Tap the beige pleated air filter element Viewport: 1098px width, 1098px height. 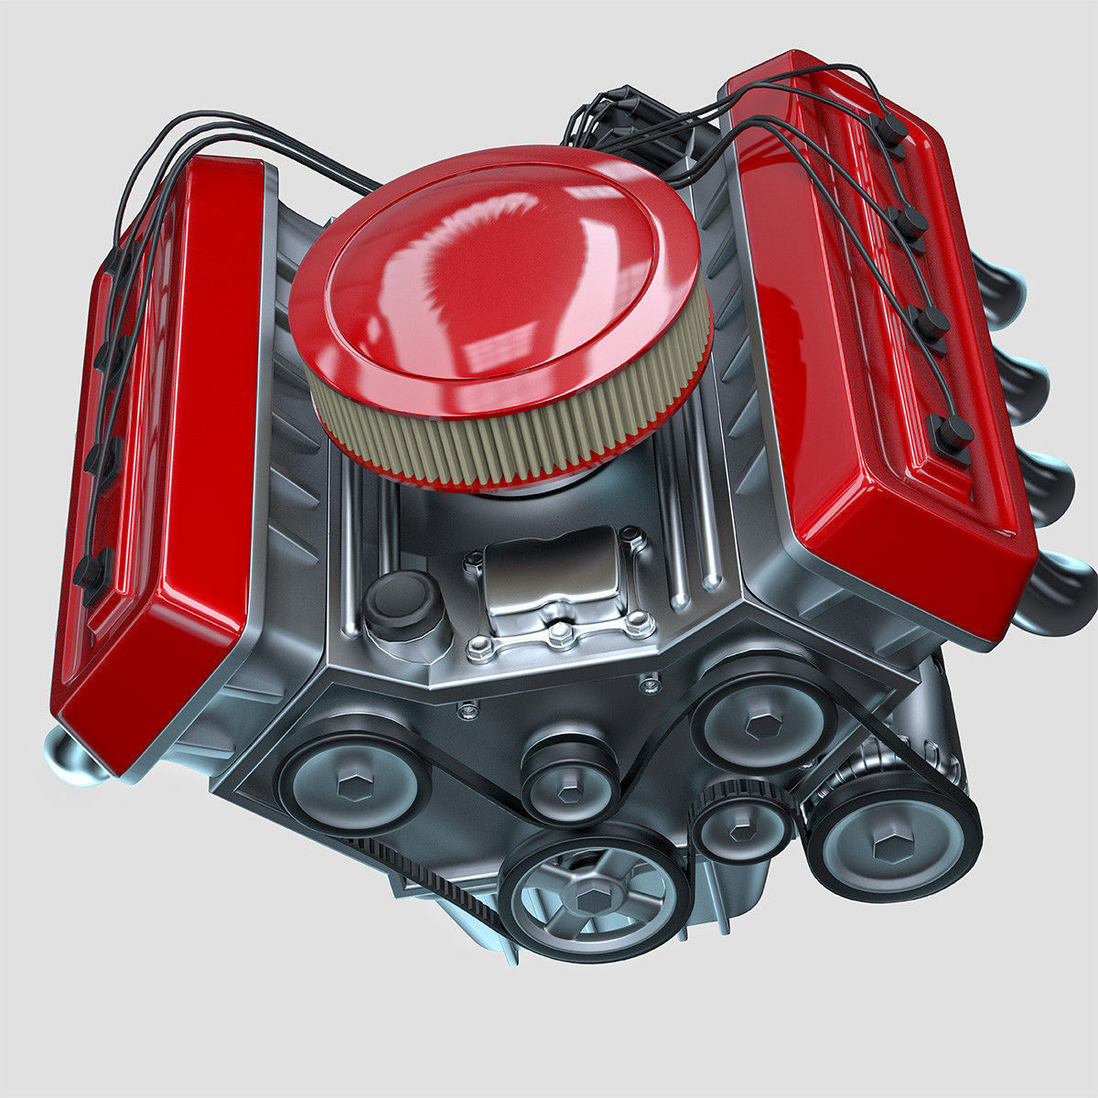coord(512,430)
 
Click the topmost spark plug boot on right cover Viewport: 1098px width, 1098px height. coord(890,130)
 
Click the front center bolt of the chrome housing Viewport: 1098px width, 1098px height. coord(560,632)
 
